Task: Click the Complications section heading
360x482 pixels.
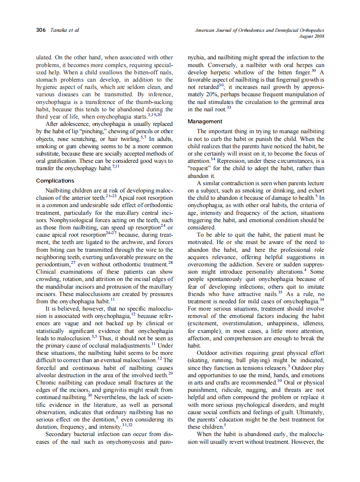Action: click(55, 180)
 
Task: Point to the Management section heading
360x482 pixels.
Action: click(205, 122)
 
